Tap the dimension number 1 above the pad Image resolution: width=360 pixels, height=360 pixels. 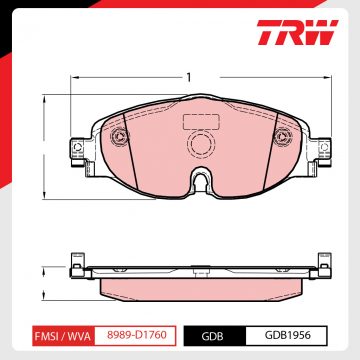click(x=187, y=76)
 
